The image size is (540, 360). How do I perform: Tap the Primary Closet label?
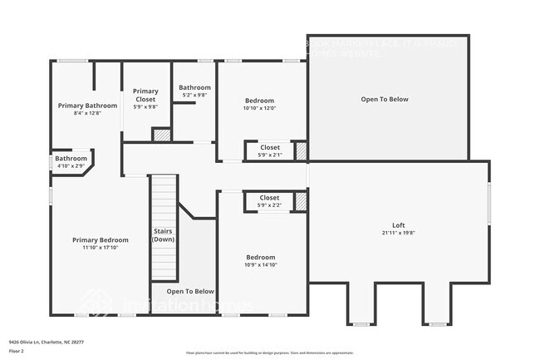point(145,96)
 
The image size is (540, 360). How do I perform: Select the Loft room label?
point(398,225)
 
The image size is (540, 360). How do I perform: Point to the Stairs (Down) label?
point(164,235)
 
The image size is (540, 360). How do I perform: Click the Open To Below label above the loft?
point(384,99)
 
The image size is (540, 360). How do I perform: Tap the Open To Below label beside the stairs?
point(190,292)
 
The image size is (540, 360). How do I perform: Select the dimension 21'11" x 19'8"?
point(398,234)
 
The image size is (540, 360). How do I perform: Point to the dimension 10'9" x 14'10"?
point(261,265)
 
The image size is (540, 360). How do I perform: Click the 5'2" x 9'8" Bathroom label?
point(194,87)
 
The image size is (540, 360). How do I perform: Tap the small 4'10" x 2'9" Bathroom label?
point(71,159)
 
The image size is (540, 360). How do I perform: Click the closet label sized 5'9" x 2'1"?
point(269,147)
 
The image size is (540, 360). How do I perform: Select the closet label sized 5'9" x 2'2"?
point(269,198)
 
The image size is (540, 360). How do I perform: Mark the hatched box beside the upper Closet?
point(301,151)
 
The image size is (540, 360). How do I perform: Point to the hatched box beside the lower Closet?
point(301,201)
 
